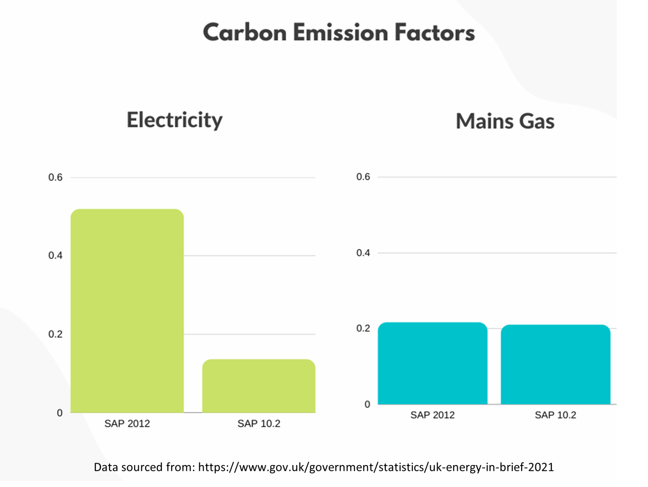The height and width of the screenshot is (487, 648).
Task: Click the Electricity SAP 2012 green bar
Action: [x=127, y=311]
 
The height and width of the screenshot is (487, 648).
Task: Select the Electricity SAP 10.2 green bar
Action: [x=259, y=386]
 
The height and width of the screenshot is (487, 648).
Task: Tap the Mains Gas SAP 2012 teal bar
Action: [x=432, y=363]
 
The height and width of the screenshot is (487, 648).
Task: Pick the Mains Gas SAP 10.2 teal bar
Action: [x=555, y=364]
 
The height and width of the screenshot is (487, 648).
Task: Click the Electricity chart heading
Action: [x=174, y=120]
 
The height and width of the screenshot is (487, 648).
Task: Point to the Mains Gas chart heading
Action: [x=505, y=121]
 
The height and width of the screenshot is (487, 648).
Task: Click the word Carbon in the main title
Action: [x=245, y=33]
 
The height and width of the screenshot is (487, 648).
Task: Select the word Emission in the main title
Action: [x=341, y=33]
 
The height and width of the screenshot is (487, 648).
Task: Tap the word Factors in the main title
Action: [x=434, y=33]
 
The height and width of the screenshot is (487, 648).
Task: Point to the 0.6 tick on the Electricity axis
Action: [x=55, y=177]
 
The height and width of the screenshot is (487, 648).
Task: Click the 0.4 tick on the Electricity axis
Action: [x=55, y=255]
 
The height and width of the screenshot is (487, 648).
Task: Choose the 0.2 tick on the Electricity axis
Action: [x=55, y=334]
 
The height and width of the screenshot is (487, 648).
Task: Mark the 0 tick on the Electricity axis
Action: [x=60, y=413]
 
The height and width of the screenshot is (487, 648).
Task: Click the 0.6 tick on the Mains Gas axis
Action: [x=363, y=176]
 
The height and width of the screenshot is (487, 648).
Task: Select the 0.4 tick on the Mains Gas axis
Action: [x=363, y=253]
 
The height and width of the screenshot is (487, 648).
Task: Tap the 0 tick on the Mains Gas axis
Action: [x=367, y=404]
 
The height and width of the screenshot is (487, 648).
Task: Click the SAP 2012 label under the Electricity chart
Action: [x=127, y=423]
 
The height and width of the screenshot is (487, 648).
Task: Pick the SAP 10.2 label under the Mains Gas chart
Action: [x=555, y=415]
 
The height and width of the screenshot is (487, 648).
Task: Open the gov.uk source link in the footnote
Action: [x=376, y=467]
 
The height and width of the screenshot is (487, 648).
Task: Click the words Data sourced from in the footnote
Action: [x=144, y=467]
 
